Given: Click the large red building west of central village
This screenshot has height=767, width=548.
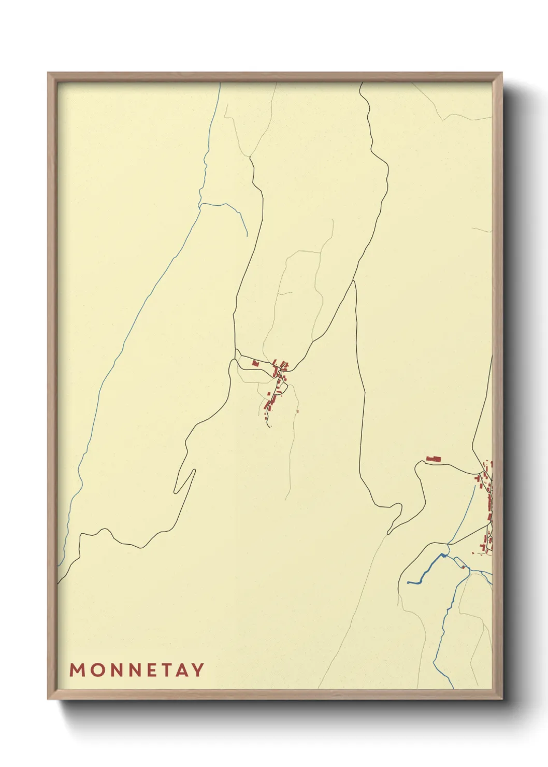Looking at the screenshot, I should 255,364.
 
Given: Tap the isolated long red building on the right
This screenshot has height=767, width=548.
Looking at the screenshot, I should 433,459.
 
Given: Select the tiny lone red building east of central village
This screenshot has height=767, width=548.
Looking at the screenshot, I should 298,411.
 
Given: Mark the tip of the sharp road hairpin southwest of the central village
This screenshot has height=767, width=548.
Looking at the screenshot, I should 194,470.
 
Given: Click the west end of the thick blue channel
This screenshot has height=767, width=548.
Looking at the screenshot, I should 409,583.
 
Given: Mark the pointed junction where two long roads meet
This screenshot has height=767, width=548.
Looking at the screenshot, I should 355,281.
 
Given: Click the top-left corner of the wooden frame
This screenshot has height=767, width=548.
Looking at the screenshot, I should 49,73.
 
